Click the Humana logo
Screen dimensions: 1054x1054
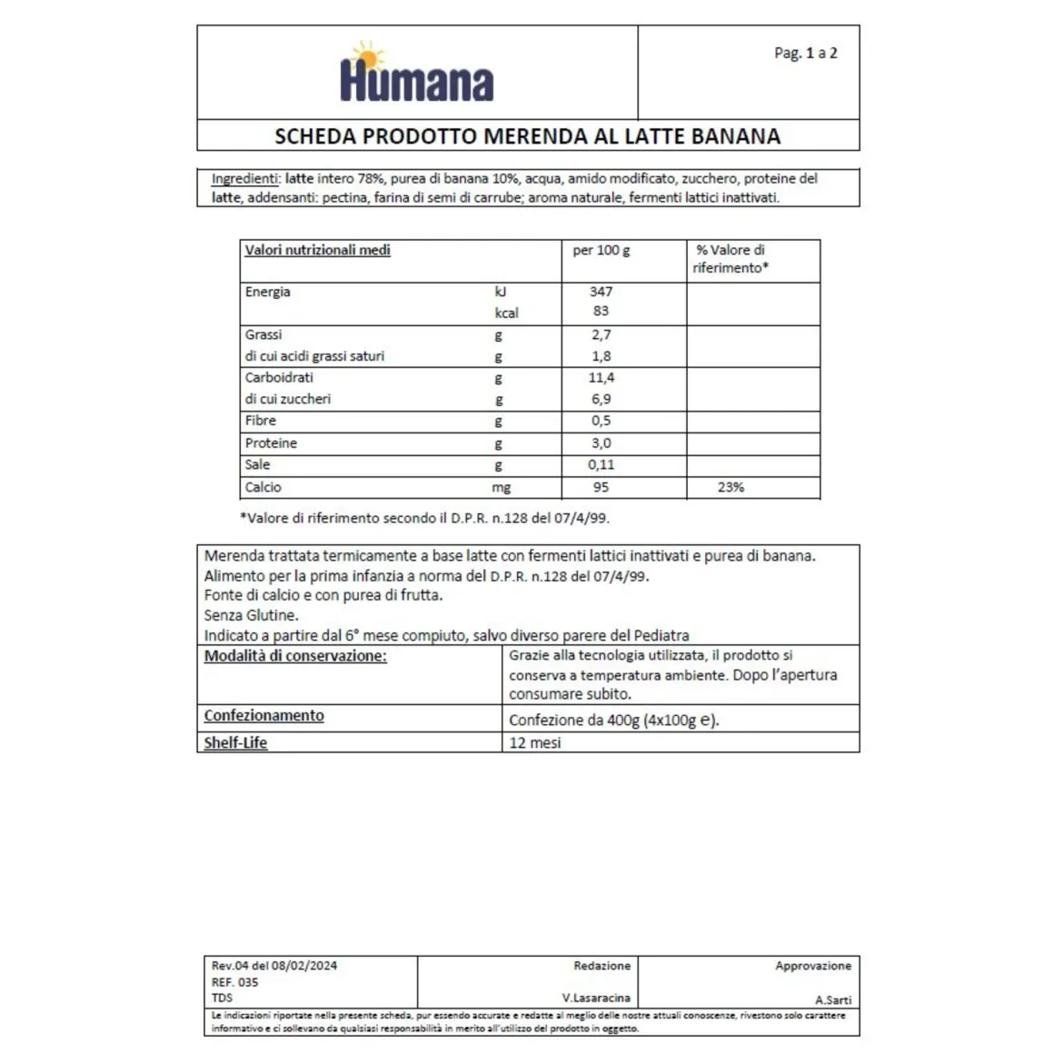tap(416, 74)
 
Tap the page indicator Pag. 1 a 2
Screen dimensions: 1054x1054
tap(805, 53)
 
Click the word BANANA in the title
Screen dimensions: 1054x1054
tap(735, 136)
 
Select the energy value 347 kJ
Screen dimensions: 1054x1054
tap(601, 292)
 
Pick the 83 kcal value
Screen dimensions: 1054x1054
tap(601, 312)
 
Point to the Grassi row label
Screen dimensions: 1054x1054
tap(263, 334)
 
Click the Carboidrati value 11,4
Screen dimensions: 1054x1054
tap(601, 377)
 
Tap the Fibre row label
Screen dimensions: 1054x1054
tap(260, 421)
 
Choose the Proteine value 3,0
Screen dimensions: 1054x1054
tap(601, 443)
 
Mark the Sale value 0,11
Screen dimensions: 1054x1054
tap(601, 464)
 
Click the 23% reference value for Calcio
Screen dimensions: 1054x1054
tap(731, 487)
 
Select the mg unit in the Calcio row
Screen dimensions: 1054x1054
tap(501, 488)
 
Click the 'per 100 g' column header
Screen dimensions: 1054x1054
tap(601, 250)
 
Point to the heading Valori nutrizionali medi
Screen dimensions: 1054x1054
tap(317, 250)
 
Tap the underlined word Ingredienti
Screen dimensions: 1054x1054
tap(244, 179)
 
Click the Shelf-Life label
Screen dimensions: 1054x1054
tap(235, 742)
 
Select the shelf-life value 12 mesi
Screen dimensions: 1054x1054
tap(534, 742)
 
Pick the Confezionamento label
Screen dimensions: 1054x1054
tap(263, 716)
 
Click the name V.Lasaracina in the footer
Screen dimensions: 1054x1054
tap(595, 998)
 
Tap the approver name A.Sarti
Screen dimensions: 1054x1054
tap(833, 999)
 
